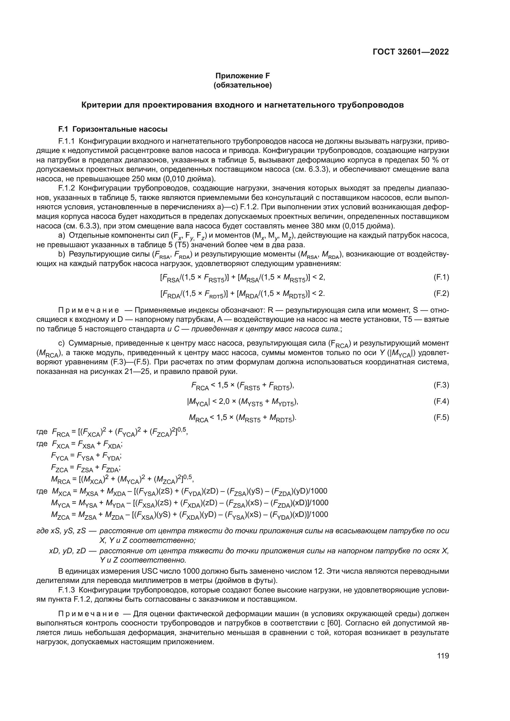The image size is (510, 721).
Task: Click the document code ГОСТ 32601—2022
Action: [x=411, y=52]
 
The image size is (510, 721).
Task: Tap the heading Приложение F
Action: [x=242, y=76]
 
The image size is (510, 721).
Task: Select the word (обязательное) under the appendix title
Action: [x=242, y=85]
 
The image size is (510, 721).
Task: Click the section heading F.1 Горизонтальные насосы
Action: [x=113, y=129]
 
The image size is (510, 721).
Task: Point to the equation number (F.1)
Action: [x=441, y=277]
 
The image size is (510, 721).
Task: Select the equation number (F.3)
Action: [x=441, y=385]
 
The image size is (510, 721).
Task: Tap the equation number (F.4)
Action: [x=441, y=401]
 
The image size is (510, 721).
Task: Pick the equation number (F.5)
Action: [x=441, y=417]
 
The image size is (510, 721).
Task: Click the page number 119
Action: [x=443, y=656]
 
